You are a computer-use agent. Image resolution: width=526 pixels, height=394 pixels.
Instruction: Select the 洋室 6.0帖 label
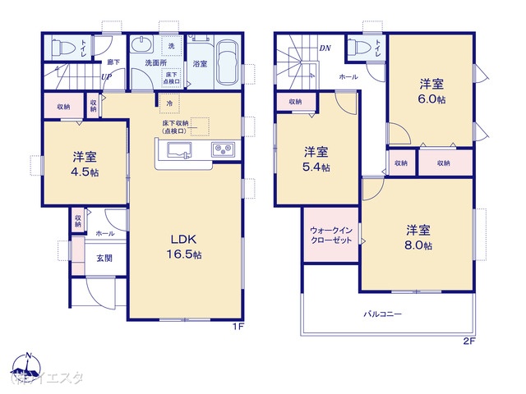(431, 90)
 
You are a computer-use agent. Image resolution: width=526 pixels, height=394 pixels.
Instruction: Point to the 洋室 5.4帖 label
(316, 159)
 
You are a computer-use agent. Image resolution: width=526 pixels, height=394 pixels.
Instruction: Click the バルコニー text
(383, 314)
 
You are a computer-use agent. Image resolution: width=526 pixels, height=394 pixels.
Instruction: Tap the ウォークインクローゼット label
(330, 236)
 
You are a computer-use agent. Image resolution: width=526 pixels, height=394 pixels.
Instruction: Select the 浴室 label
(200, 62)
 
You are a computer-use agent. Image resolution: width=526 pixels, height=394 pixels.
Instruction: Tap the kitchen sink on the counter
(180, 149)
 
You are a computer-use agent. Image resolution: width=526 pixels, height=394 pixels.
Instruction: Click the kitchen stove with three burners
(223, 149)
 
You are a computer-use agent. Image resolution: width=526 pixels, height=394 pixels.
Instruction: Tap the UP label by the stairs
(107, 78)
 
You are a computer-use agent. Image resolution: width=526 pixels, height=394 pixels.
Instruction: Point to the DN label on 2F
(326, 48)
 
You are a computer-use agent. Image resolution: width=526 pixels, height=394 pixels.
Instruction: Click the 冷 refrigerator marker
(169, 103)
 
